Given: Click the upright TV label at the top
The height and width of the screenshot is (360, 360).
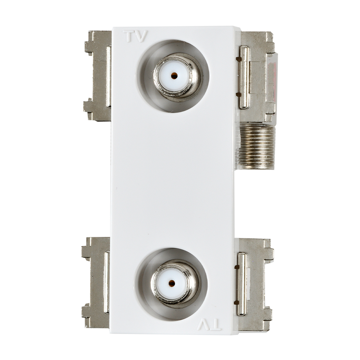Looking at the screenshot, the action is [135, 36].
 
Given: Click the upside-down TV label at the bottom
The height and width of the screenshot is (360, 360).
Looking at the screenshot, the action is [209, 325].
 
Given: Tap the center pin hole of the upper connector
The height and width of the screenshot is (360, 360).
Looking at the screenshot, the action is [174, 75].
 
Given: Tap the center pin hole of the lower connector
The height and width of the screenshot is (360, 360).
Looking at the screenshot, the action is [171, 283].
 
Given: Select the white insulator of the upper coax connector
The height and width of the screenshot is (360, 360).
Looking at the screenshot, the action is [174, 76].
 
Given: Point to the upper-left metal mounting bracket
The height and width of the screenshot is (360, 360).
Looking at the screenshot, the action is [98, 76].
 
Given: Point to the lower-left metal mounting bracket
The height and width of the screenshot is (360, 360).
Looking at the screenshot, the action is [96, 282].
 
